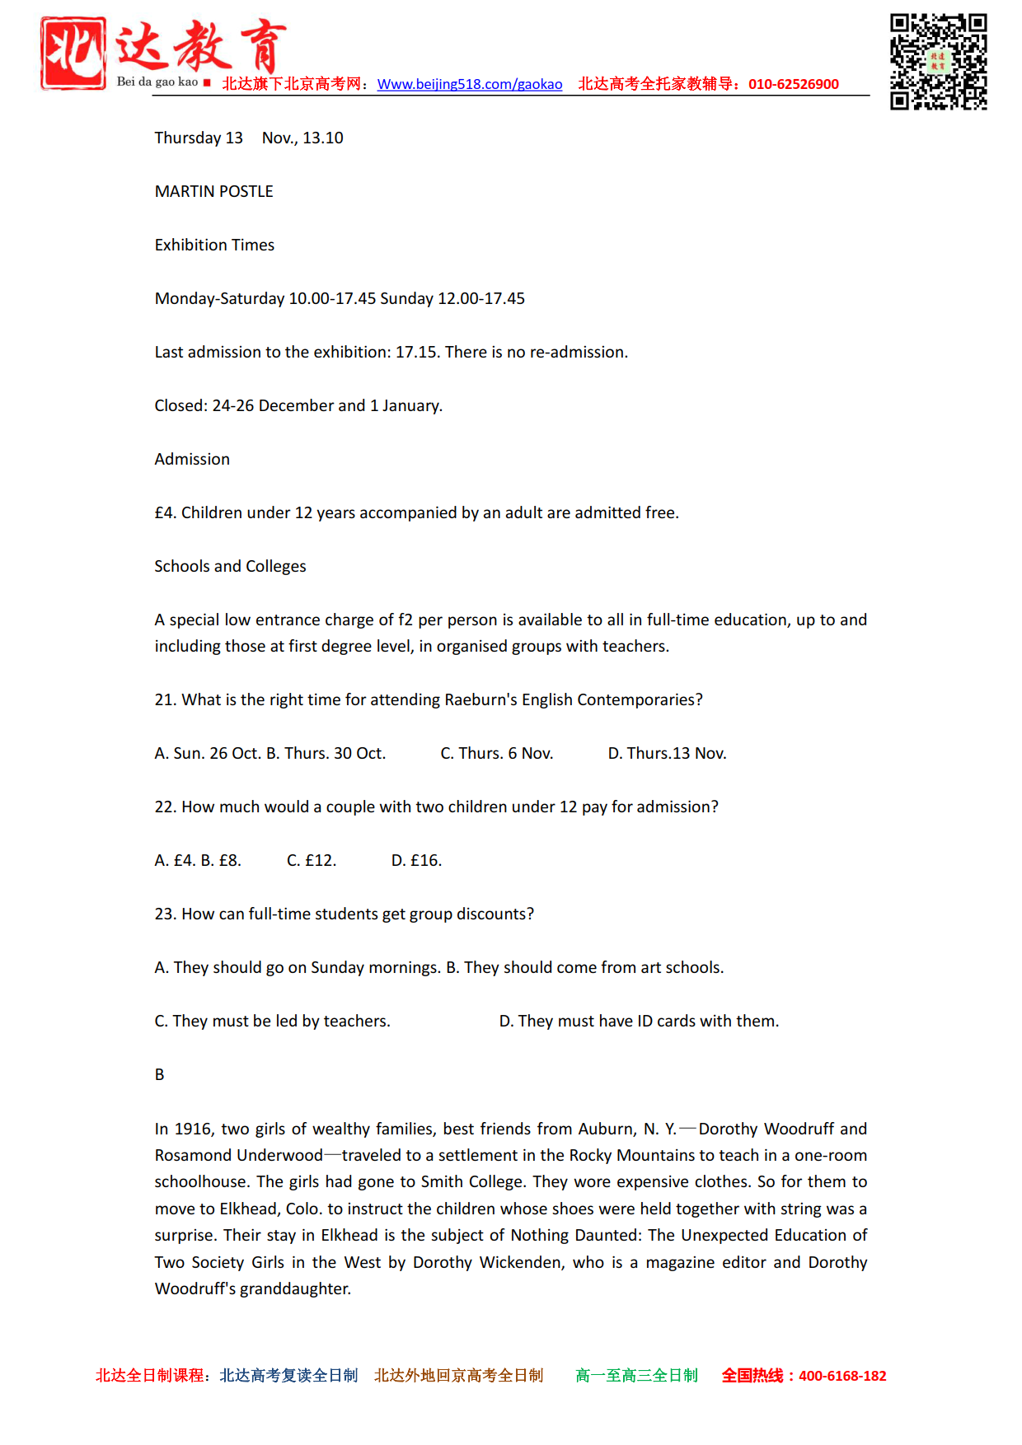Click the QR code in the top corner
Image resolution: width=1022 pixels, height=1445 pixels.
[938, 62]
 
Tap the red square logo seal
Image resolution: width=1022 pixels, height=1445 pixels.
[73, 53]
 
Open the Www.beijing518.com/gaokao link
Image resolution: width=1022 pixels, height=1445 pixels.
[469, 84]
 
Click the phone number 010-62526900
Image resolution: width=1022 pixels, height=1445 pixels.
[793, 84]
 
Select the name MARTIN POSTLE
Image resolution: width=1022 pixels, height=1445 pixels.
[213, 191]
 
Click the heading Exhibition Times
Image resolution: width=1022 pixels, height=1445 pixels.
[214, 245]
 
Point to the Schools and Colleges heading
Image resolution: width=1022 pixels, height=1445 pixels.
[230, 566]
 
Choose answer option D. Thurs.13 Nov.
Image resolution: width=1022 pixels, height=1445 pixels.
[667, 753]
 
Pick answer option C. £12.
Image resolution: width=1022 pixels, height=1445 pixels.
[312, 860]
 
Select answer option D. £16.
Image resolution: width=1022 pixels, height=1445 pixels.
[416, 860]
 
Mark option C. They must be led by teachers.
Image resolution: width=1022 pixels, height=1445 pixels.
[272, 1021]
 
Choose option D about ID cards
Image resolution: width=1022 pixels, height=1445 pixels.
[639, 1021]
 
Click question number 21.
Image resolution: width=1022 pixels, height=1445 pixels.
[165, 699]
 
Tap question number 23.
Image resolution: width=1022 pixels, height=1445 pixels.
[165, 914]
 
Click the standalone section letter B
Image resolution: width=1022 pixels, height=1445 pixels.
[160, 1074]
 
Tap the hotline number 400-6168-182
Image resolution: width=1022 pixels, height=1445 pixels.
[842, 1376]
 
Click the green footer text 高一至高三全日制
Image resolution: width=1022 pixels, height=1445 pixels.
[636, 1376]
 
